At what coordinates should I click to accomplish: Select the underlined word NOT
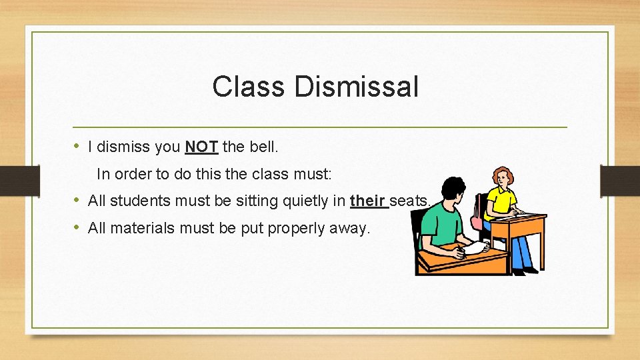tap(201, 146)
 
